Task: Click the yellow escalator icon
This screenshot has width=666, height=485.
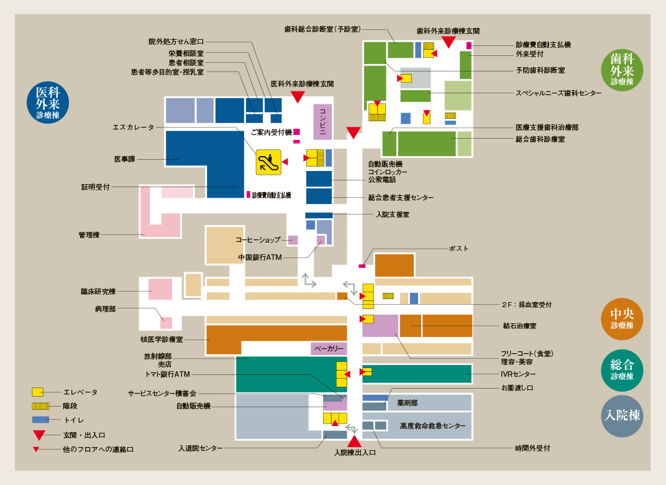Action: [x=268, y=162]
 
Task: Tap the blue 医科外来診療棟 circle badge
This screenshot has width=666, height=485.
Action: [x=48, y=103]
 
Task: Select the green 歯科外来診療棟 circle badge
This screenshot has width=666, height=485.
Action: [x=622, y=70]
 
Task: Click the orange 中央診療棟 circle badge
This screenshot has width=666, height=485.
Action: [x=622, y=319]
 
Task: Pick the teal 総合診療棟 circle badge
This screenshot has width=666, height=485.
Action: [x=622, y=370]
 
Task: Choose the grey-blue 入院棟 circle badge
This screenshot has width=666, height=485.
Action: [x=622, y=416]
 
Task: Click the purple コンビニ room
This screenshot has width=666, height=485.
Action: [x=322, y=122]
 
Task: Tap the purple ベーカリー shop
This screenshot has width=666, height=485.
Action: [x=329, y=349]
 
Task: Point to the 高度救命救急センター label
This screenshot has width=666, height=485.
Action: [x=433, y=426]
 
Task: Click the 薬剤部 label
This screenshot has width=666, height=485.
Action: [x=408, y=403]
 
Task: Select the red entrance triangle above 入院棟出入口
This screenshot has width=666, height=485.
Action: [x=355, y=441]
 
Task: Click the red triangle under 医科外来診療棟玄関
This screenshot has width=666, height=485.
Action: [x=298, y=97]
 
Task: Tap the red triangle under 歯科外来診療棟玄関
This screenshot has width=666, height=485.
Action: [x=449, y=42]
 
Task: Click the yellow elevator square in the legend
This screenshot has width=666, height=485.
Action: [x=37, y=392]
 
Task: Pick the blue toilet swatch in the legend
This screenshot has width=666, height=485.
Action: [x=40, y=420]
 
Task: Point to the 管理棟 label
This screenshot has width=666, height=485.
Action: [x=89, y=235]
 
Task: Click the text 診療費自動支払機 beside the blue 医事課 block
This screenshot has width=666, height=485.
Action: [x=271, y=195]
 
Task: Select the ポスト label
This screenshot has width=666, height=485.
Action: [x=458, y=249]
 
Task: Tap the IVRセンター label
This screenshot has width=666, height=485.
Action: [x=518, y=374]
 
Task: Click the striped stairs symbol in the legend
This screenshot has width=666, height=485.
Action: [x=40, y=406]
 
